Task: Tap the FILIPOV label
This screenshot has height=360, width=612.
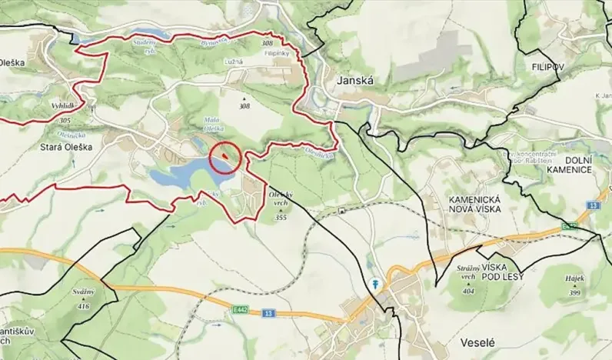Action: tap(547, 68)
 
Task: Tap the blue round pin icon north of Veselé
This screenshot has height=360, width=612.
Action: tap(375, 283)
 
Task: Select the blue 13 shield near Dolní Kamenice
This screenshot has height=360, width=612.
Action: tap(593, 205)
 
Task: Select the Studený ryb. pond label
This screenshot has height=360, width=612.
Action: tap(145, 43)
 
